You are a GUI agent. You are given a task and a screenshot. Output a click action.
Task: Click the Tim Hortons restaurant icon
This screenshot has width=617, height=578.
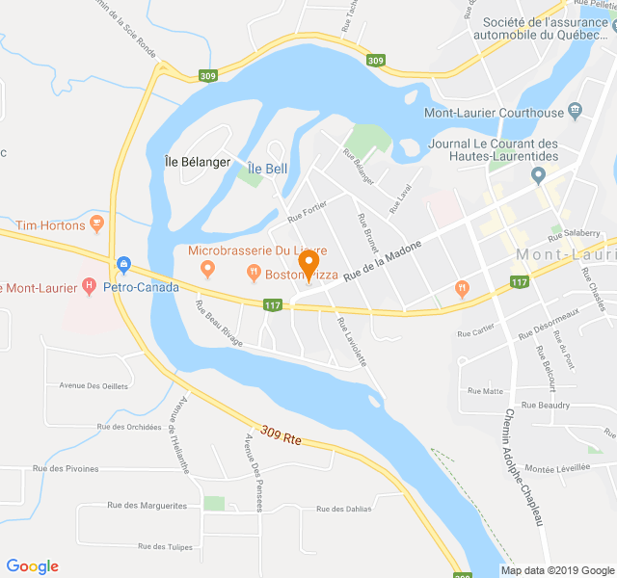tap(95, 224)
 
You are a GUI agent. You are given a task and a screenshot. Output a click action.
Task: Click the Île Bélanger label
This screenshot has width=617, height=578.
tap(198, 162)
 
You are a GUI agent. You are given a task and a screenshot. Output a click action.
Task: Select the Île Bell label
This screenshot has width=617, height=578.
tap(267, 169)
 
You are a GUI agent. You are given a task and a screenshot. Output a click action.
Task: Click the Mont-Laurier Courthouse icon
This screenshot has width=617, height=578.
tap(576, 112)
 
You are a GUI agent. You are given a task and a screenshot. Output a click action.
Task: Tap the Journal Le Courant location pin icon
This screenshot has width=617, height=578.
tap(538, 175)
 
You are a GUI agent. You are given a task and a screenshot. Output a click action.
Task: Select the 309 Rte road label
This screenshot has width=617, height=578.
tap(281, 436)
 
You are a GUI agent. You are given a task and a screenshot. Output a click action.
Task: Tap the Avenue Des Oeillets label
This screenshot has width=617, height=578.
tap(94, 385)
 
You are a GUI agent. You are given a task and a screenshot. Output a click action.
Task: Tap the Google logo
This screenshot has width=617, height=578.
tap(33, 566)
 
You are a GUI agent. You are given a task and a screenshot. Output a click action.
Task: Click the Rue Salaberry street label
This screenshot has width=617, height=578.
tap(574, 234)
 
